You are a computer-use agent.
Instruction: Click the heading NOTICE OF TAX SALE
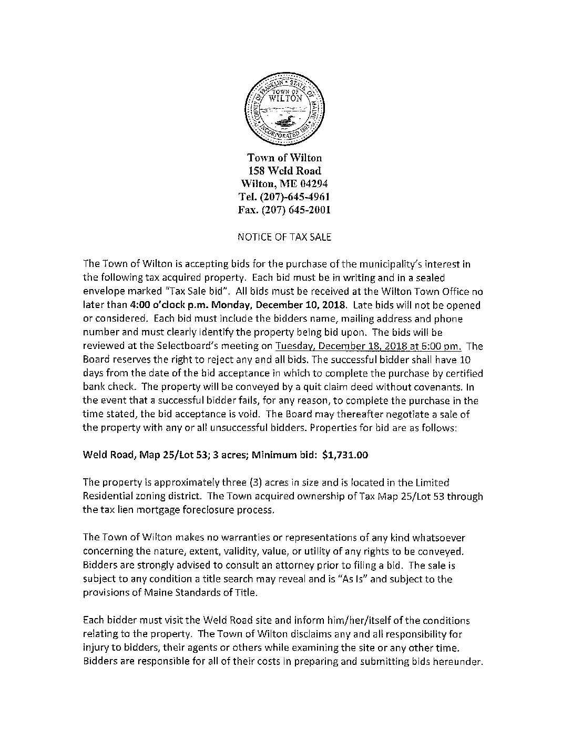284,237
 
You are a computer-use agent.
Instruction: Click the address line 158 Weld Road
284,170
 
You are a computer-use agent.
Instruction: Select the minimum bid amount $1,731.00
345,455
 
